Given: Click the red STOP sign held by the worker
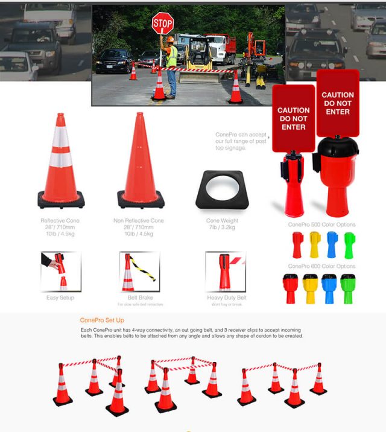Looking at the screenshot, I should (x=162, y=24).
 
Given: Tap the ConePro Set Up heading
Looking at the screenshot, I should (x=102, y=320).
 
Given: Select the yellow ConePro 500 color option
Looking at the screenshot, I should (x=314, y=245).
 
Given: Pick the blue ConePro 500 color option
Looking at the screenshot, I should (x=332, y=245).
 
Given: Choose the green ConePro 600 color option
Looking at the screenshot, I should (x=347, y=288).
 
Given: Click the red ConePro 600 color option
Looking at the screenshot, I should (x=290, y=288).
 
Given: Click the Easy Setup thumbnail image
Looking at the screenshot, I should (x=60, y=272).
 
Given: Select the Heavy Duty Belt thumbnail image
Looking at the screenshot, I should (x=225, y=272).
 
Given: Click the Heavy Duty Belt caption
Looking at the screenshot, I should (x=225, y=297).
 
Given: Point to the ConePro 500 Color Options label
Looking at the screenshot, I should (x=321, y=224).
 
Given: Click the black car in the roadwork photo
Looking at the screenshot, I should (x=114, y=62).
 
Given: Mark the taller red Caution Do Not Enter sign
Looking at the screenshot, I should (x=338, y=103).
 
